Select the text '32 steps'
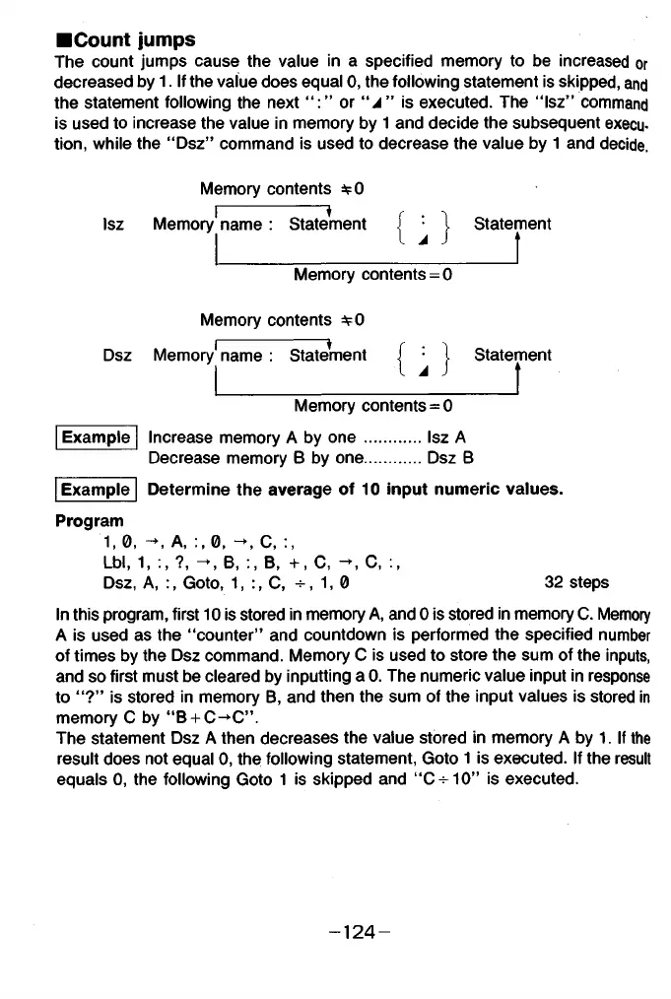point(576,582)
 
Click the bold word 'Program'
point(90,519)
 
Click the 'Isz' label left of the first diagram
point(113,225)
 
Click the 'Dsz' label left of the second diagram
point(117,356)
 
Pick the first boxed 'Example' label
point(96,437)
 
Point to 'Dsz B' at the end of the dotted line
point(453,457)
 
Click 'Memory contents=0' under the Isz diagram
point(372,275)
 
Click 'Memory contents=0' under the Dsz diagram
point(372,405)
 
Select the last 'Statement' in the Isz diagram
point(511,224)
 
